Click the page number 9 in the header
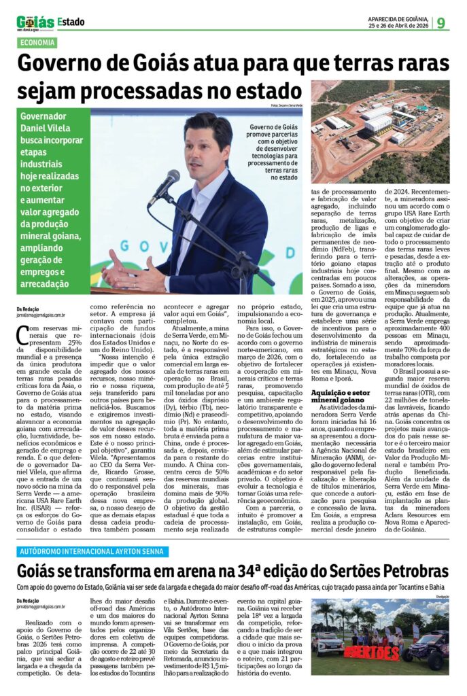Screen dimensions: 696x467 441,23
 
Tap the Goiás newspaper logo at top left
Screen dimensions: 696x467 35,22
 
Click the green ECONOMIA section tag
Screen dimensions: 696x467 38,43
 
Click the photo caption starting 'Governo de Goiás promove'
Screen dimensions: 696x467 273,152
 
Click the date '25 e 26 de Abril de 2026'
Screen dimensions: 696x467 398,27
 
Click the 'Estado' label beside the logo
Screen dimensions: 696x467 71,22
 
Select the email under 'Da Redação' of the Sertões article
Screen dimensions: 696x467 41,607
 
